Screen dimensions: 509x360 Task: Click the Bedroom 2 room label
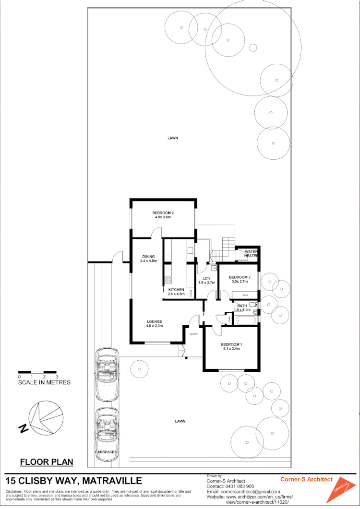[x=163, y=213]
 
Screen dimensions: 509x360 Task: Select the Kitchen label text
[x=176, y=290]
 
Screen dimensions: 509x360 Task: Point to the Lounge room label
[x=155, y=321]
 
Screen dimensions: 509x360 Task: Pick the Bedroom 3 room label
[x=240, y=277]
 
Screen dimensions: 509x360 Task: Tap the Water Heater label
[x=251, y=253]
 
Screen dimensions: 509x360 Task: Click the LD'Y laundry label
[x=207, y=279]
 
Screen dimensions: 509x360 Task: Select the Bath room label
[x=242, y=306]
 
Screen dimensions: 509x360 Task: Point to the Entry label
[x=194, y=334]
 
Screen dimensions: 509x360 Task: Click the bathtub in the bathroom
[x=245, y=320]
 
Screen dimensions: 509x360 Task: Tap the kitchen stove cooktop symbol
[x=168, y=281]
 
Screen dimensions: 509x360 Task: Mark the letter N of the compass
[x=23, y=428]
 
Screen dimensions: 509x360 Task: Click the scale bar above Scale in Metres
[x=37, y=372]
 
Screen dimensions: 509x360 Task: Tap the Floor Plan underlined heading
[x=47, y=462]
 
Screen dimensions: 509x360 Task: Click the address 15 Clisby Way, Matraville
[x=73, y=481]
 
